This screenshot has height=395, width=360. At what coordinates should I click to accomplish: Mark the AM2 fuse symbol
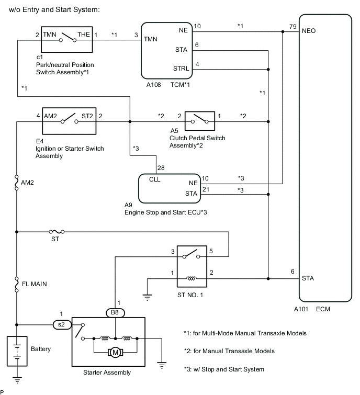click(17, 183)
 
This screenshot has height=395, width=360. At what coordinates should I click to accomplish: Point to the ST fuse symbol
click(54, 231)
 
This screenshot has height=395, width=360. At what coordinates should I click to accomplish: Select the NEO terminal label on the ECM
click(308, 31)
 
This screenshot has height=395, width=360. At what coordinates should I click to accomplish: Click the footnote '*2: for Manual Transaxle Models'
click(229, 351)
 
